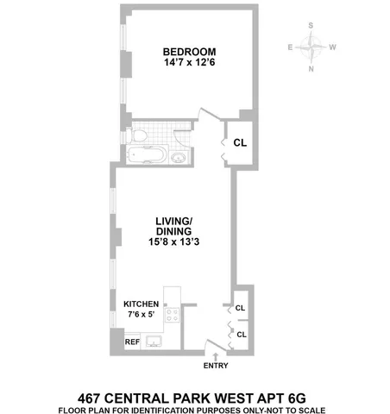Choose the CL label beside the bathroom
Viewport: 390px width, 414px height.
[x=240, y=143]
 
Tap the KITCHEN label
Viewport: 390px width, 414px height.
[x=141, y=304]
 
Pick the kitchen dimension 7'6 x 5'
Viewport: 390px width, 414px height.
[x=141, y=316]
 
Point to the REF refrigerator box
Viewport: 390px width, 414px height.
[x=132, y=342]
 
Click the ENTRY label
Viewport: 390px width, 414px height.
[x=216, y=366]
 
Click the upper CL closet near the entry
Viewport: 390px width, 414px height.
[x=241, y=306]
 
